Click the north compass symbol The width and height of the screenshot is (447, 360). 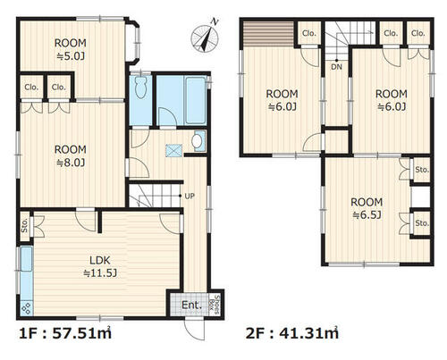205,38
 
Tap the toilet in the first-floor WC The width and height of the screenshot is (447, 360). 139,87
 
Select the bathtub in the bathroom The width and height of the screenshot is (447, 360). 195,101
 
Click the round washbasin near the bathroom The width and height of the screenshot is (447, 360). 196,141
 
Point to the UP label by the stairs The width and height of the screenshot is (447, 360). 190,196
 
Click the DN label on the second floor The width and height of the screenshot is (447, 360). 336,67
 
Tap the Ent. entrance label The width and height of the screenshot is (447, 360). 191,305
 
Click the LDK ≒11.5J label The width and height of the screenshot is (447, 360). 100,266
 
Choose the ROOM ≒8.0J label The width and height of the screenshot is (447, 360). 71,155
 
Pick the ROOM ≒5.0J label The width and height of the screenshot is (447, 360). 71,49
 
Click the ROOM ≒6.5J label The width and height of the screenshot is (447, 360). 367,208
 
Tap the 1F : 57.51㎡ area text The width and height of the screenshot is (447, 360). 65,333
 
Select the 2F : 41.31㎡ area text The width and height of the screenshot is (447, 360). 292,333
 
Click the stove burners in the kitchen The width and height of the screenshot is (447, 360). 27,308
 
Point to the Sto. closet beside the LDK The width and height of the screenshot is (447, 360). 25,225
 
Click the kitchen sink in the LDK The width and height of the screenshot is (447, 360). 27,259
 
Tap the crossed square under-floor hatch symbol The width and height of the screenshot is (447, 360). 173,150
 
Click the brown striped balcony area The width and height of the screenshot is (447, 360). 268,34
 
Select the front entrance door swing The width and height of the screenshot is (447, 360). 194,329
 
